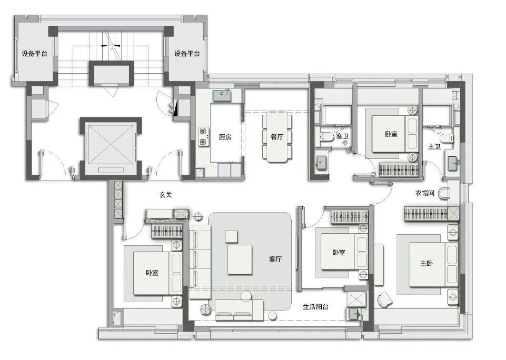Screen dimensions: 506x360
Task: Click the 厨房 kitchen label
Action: coord(225,137)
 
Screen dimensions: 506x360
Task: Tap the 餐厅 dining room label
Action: coord(277,137)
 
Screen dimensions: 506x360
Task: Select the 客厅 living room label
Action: coord(275,259)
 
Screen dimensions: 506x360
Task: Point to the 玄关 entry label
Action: coord(165,195)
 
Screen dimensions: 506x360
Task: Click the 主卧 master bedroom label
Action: coord(426,264)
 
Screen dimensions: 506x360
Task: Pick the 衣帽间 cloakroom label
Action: coord(425,193)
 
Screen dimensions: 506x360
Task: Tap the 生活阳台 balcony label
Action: coord(315,307)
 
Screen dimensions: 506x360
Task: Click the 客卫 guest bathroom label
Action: coord(342,136)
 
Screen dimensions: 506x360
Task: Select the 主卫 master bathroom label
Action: coord(434,147)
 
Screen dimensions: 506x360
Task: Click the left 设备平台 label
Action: coord(34,54)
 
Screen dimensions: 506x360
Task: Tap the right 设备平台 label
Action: coord(187,54)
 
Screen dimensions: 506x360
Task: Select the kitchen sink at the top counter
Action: coord(222,95)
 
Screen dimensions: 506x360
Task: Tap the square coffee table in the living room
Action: coord(240,259)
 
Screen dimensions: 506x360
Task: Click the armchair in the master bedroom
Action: coord(384,299)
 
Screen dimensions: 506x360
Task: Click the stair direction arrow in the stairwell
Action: coord(111,46)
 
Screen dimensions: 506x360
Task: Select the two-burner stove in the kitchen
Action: coord(203,136)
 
